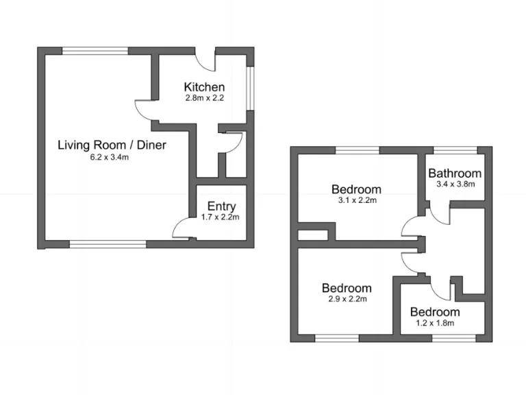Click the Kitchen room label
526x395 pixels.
[x=204, y=87]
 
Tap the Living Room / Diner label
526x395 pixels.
[x=112, y=145]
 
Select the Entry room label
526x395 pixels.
[x=221, y=206]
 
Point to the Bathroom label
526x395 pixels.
[x=455, y=173]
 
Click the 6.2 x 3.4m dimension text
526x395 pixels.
[x=110, y=157]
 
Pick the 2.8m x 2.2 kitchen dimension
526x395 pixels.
[x=205, y=98]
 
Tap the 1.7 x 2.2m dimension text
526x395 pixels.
[x=221, y=217]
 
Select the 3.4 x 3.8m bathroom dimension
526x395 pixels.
[x=455, y=184]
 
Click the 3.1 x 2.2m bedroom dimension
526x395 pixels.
[x=358, y=200]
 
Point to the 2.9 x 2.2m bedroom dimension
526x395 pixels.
[x=347, y=299]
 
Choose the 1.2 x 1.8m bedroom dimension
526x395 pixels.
[x=435, y=323]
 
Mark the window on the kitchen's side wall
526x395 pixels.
[x=250, y=88]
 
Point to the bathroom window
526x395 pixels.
[x=455, y=150]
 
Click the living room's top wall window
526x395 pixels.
[x=95, y=51]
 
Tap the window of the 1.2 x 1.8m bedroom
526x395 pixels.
[x=454, y=338]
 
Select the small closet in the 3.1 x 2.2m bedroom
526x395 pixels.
[x=312, y=235]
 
